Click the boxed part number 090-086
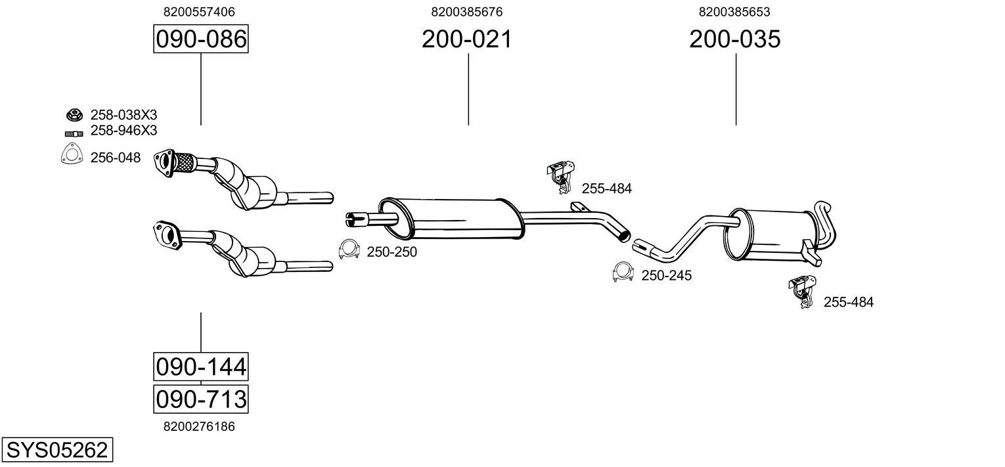tap(200, 39)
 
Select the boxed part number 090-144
tap(200, 366)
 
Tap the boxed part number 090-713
tap(200, 399)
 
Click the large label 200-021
tap(466, 39)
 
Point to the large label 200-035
tap(734, 39)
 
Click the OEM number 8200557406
tap(198, 12)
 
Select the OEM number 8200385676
tap(466, 12)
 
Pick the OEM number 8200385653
tap(734, 12)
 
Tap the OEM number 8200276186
tap(198, 426)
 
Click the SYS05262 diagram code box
tap(56, 451)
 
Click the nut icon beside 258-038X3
tap(73, 115)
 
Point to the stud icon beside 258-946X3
tap(73, 133)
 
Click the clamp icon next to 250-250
tap(349, 250)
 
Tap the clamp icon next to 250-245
tap(623, 273)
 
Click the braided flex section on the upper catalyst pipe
tap(186, 162)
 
